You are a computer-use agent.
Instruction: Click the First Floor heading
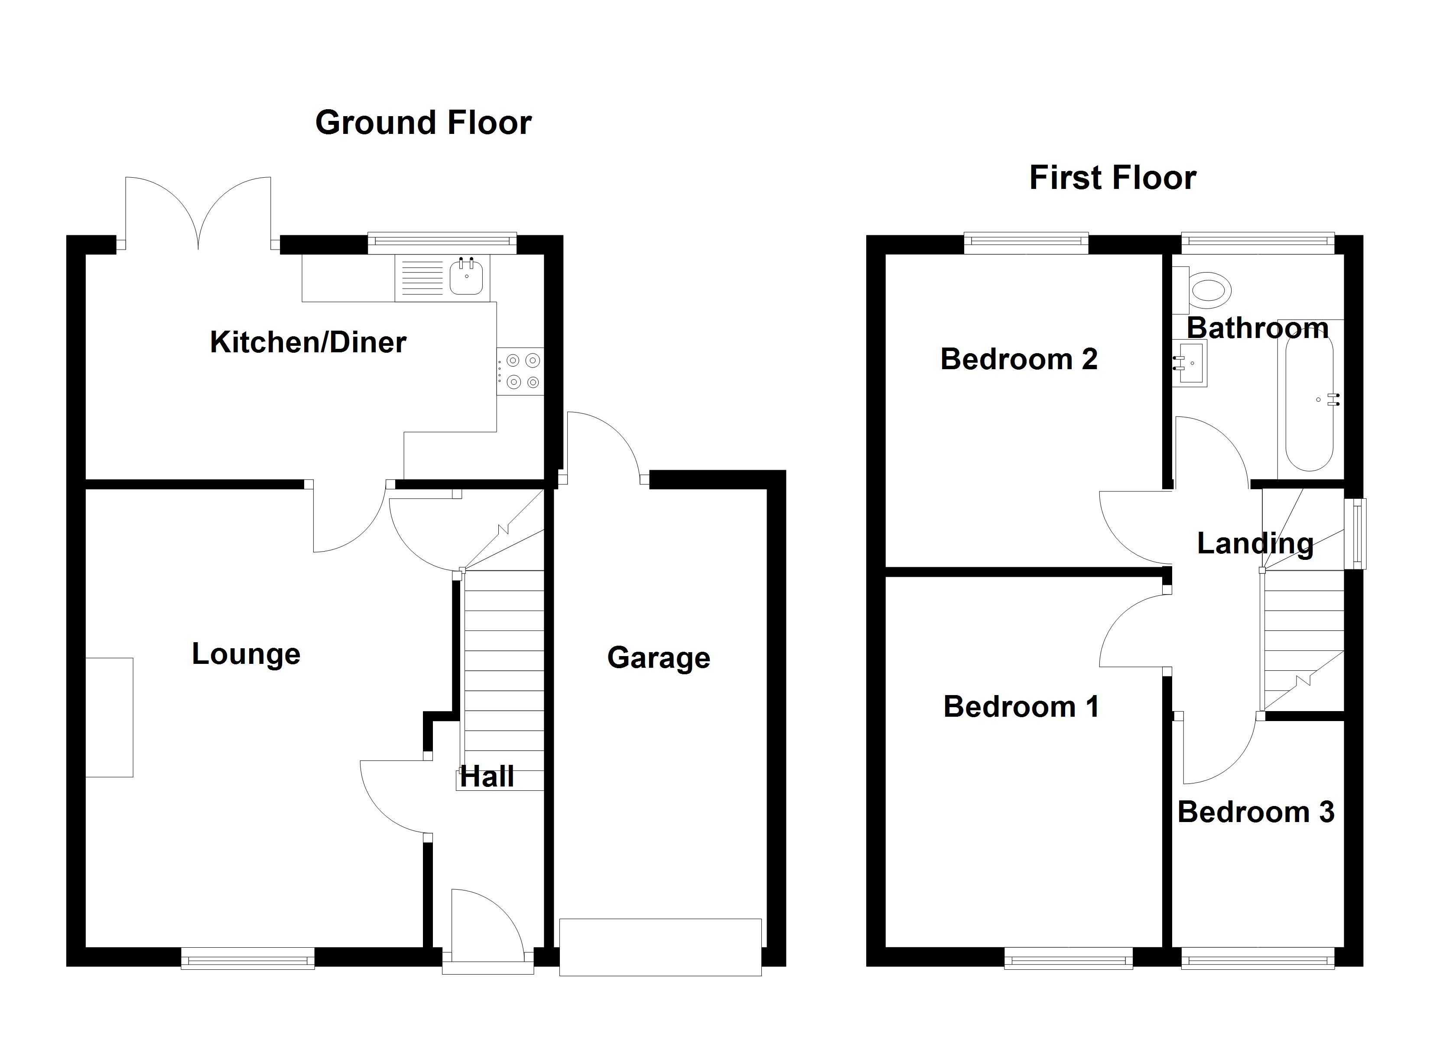point(1112,177)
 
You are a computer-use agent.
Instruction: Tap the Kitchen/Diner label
point(308,342)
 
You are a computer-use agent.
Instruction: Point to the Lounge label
point(246,653)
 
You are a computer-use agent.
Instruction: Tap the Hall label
point(487,777)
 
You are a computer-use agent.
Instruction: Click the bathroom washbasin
point(1189,363)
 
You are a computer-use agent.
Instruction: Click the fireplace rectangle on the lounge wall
point(110,717)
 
